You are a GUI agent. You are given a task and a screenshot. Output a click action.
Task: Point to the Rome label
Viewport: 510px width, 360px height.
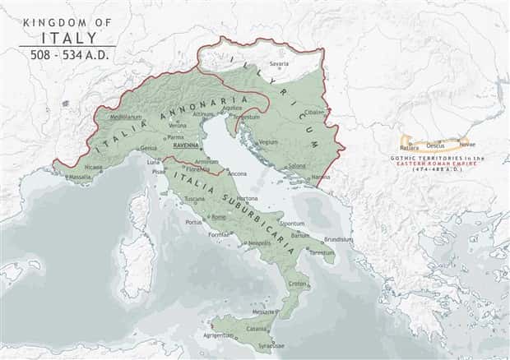pyautogui.click(x=219, y=217)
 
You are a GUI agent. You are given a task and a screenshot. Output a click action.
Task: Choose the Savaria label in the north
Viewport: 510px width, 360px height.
pyautogui.click(x=280, y=63)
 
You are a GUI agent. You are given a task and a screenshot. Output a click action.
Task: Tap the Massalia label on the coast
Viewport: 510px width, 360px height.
pyautogui.click(x=80, y=177)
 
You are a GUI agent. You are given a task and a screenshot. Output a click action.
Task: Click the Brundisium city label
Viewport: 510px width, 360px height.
pyautogui.click(x=338, y=239)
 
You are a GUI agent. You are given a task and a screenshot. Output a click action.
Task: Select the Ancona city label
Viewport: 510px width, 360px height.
pyautogui.click(x=238, y=173)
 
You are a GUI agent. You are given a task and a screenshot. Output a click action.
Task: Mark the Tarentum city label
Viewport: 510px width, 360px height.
pyautogui.click(x=322, y=253)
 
